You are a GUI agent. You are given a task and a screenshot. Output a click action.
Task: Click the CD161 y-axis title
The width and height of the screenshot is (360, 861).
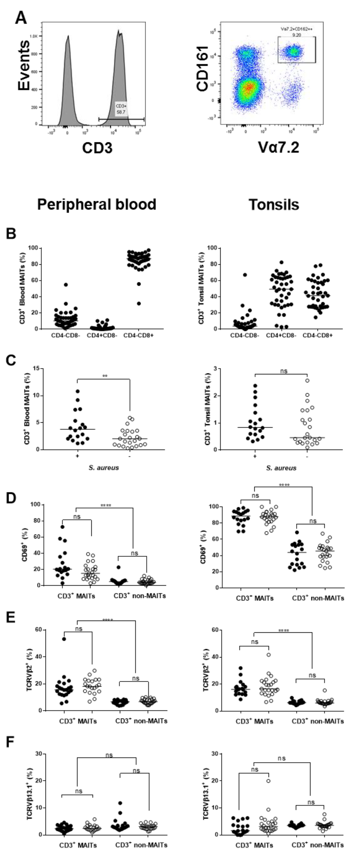203,69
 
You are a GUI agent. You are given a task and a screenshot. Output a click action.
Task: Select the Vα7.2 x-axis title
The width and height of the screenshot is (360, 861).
278,147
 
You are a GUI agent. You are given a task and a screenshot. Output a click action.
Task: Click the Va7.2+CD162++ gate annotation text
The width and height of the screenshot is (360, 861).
296,29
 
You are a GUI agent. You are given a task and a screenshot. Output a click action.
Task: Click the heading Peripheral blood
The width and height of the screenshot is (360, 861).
97,204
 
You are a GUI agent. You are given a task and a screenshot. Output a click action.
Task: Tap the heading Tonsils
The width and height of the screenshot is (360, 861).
274,204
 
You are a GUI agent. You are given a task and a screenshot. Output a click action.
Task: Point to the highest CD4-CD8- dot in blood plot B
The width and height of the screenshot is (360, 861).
66,285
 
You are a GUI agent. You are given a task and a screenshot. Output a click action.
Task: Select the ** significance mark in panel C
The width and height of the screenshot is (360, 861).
105,376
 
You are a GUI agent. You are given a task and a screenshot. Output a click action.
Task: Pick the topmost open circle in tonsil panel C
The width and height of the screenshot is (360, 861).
307,380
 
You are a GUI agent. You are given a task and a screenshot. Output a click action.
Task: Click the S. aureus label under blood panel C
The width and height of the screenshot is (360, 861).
104,468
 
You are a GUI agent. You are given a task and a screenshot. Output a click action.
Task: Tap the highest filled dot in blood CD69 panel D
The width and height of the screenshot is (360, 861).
62,527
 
